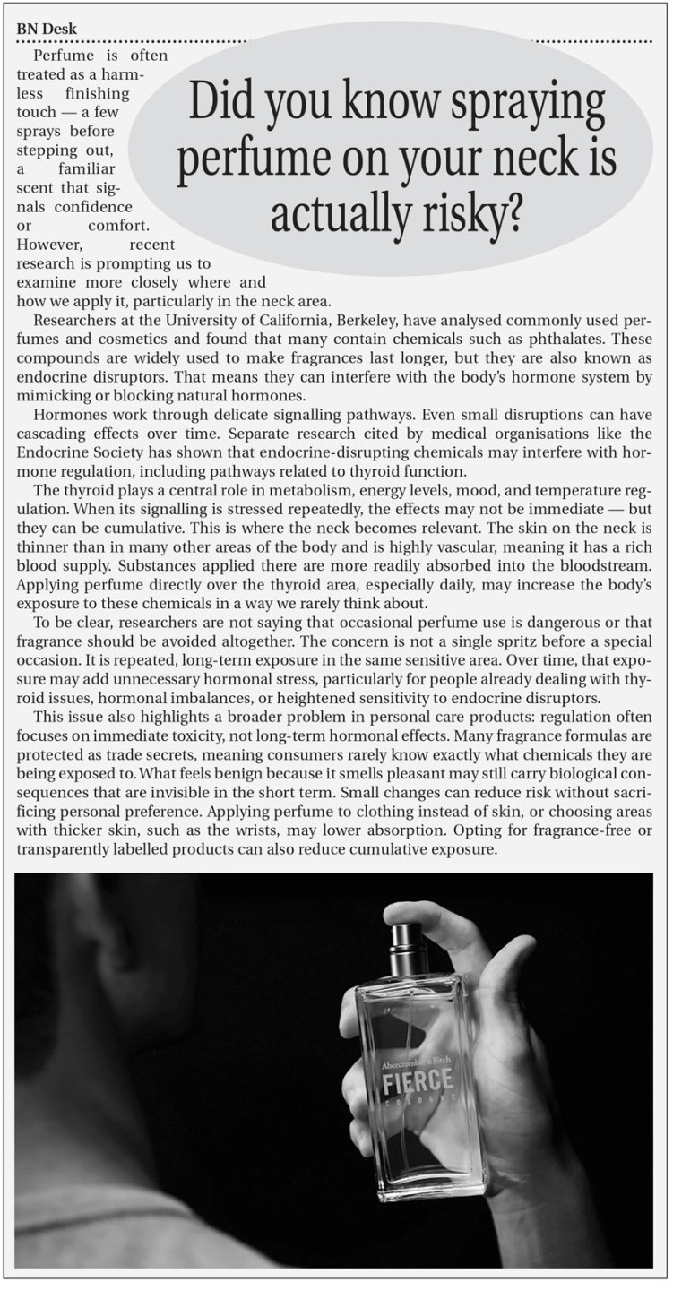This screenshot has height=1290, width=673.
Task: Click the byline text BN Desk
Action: click(47, 29)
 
